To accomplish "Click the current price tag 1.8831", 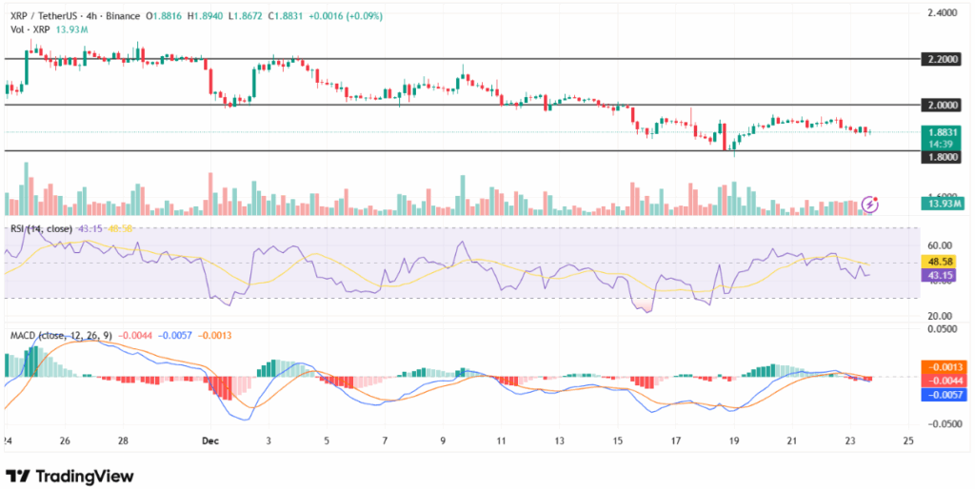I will coord(943,132).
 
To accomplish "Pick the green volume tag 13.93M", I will coord(944,203).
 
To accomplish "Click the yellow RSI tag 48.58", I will coord(944,263).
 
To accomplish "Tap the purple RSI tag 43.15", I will coord(944,276).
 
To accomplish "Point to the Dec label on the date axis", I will coord(212,441).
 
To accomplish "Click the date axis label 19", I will coord(733,441).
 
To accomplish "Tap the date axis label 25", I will coord(907,441).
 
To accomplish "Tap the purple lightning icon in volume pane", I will coord(869,204).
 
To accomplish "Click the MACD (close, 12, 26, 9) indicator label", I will coord(68,335).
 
